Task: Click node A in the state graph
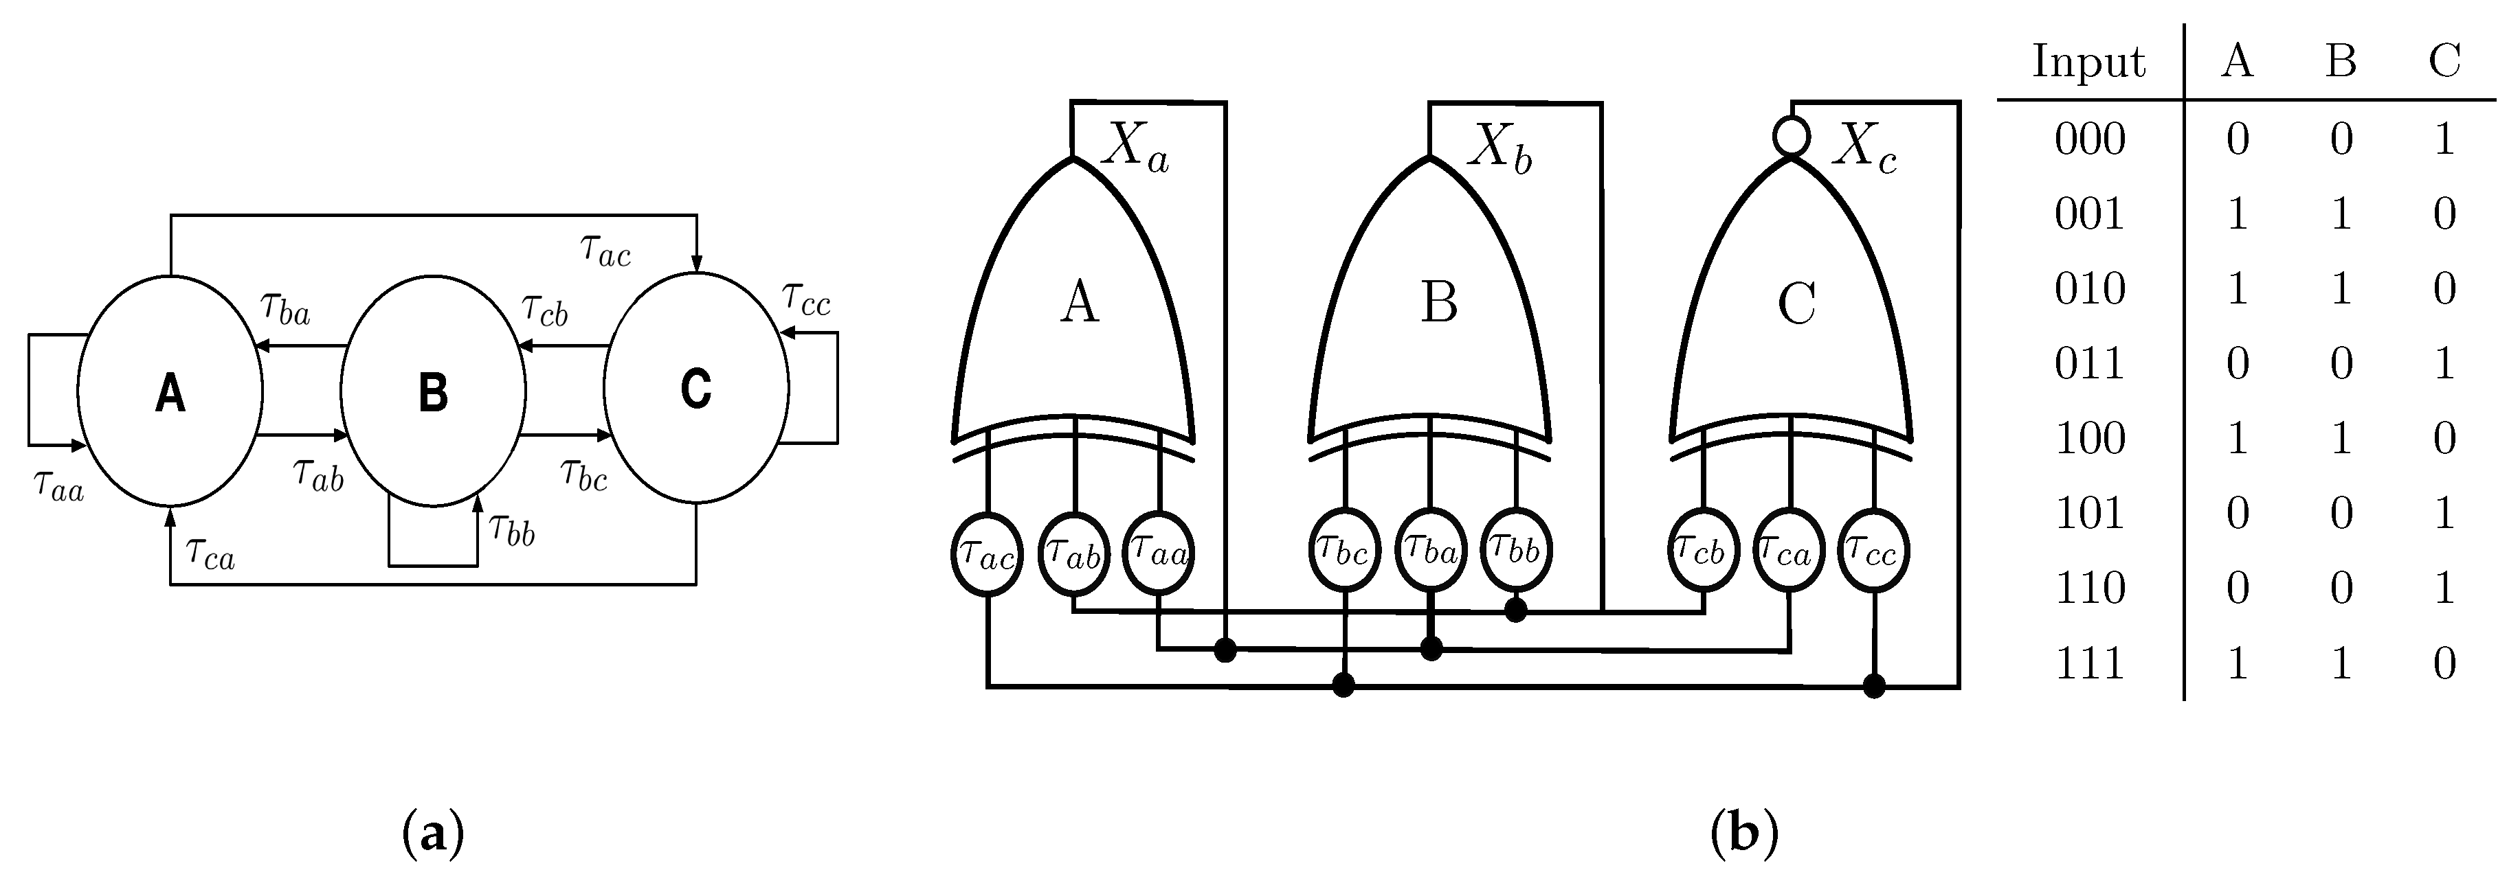click(x=170, y=391)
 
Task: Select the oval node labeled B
click(x=434, y=391)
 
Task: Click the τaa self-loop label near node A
click(x=58, y=484)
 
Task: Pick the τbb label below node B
click(x=513, y=530)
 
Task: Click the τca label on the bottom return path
click(x=210, y=554)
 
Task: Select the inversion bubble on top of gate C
click(x=1791, y=137)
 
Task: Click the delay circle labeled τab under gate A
click(x=1073, y=553)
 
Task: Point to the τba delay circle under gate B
click(x=1430, y=553)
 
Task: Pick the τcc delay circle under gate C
click(x=1873, y=553)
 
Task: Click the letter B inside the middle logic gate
click(x=1439, y=303)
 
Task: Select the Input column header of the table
click(x=2088, y=62)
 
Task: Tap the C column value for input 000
click(x=2444, y=139)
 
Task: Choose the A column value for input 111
click(x=2238, y=663)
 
